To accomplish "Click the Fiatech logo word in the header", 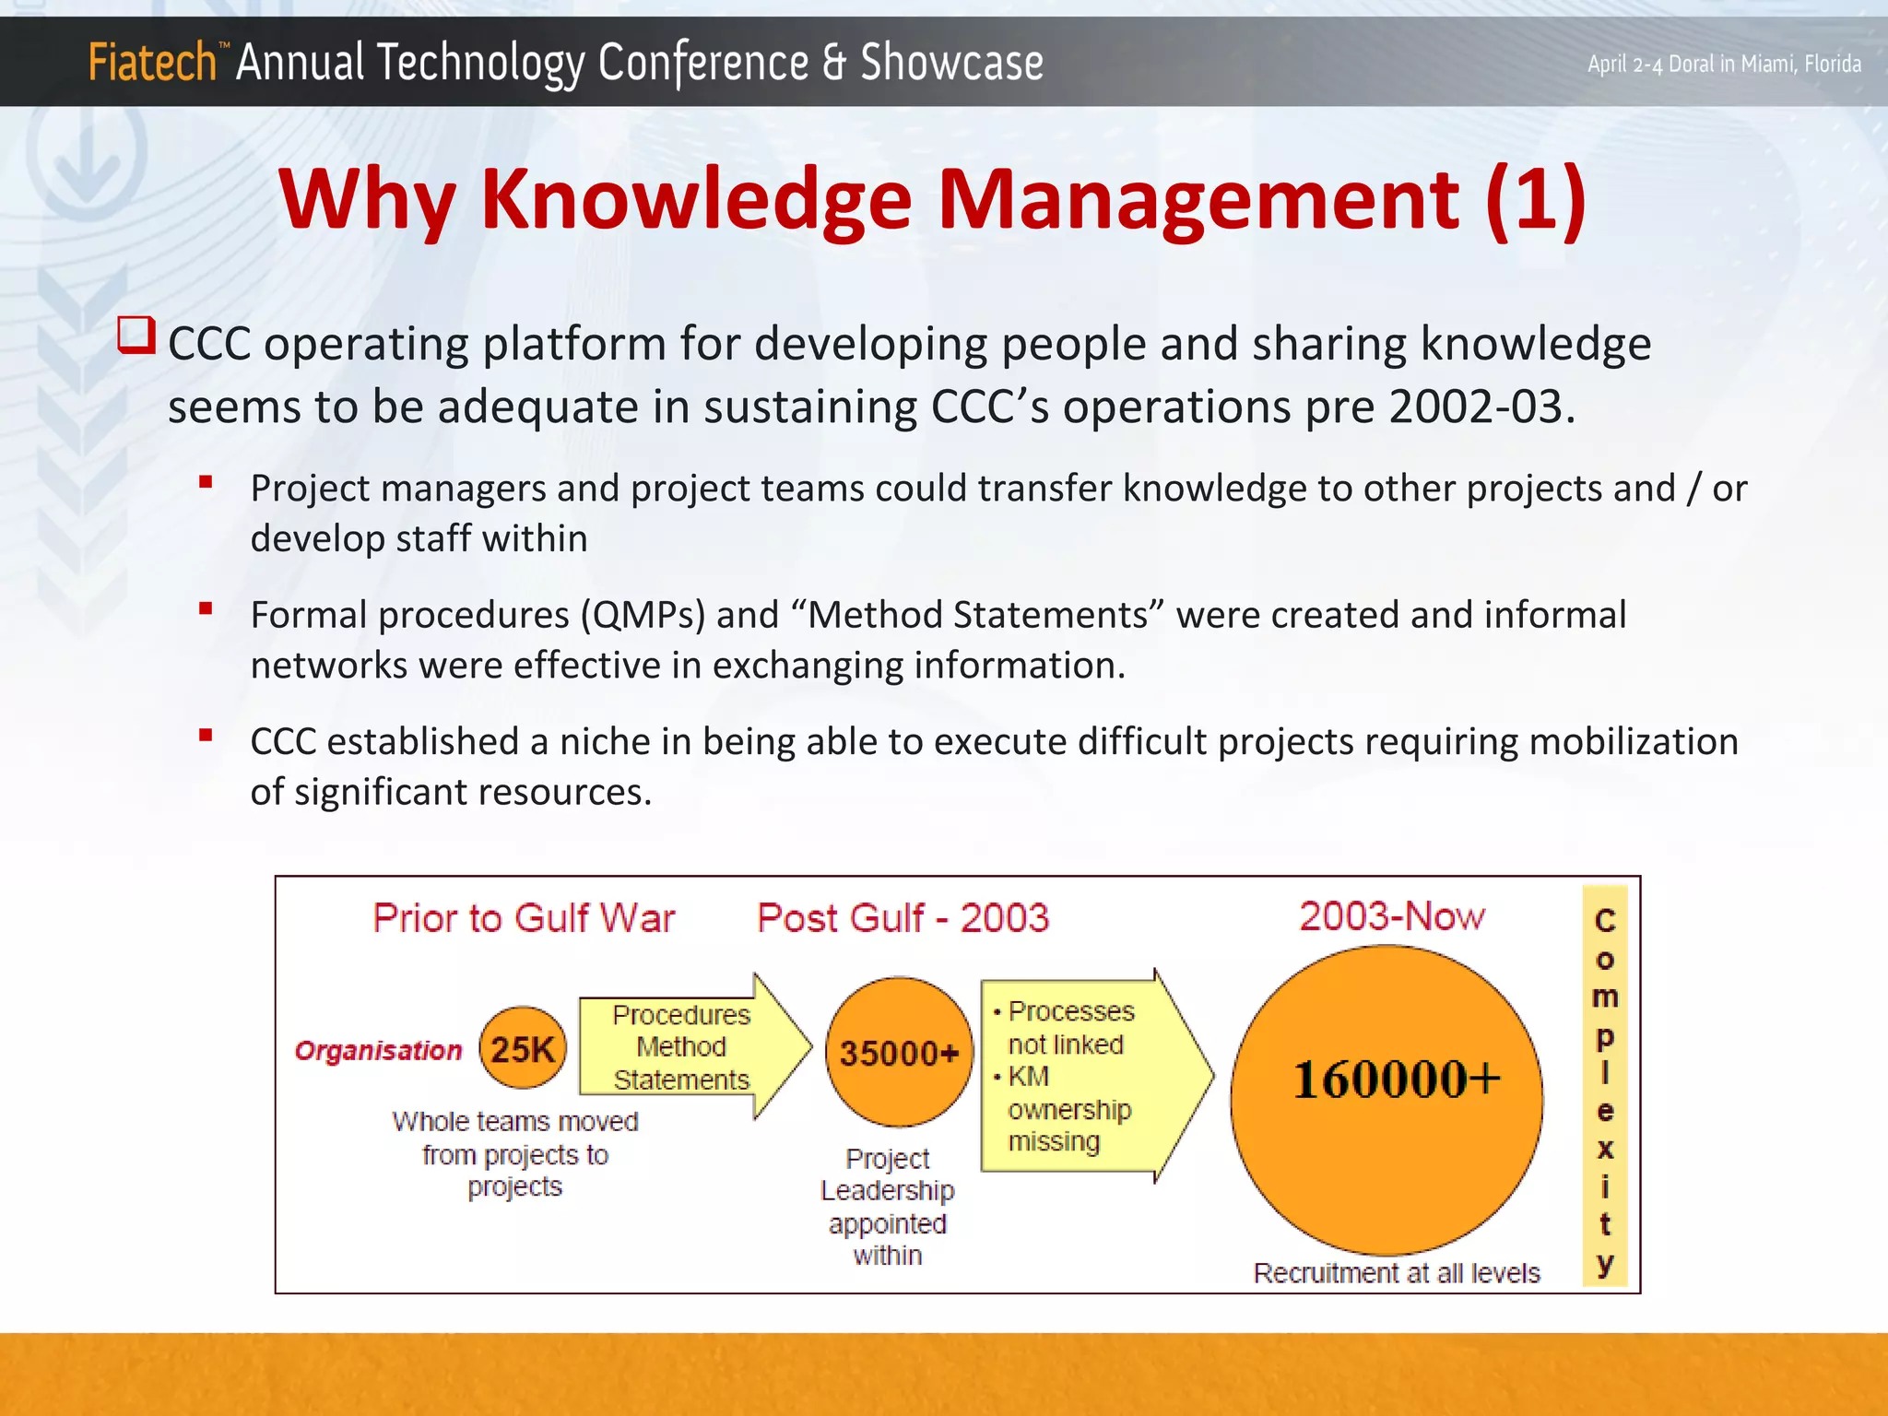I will (152, 63).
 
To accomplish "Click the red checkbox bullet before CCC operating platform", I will (136, 336).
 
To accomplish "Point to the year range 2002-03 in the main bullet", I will (1475, 407).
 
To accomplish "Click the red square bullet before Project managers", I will (206, 482).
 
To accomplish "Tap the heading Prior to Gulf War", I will (524, 918).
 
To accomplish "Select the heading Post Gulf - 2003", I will (903, 918).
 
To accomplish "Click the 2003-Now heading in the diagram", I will (1392, 916).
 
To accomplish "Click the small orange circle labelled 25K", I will (523, 1049).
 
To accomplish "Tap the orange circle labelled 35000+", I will (899, 1053).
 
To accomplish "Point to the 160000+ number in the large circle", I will (1396, 1080).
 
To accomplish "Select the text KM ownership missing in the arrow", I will (1067, 1109).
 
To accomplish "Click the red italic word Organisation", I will (378, 1051).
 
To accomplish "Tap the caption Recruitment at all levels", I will (1396, 1273).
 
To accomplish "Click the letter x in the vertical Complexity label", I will (1605, 1149).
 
